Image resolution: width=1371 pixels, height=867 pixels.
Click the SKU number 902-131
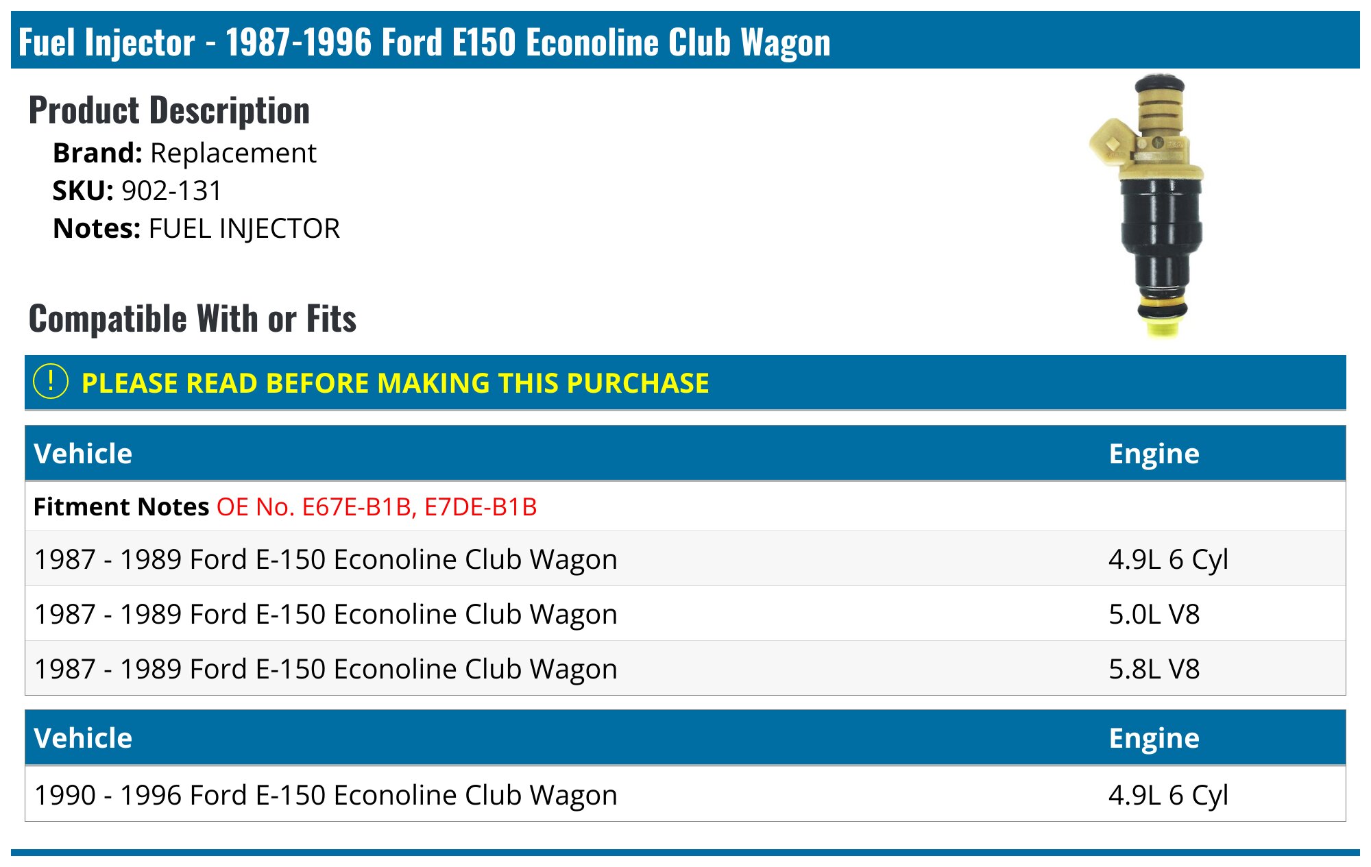[x=171, y=191]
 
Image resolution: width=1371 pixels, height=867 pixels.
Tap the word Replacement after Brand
[x=233, y=153]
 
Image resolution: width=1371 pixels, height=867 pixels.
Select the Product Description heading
[x=169, y=110]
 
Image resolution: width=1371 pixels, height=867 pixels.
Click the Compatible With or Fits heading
[x=193, y=319]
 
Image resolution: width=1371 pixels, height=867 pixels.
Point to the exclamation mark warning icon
[x=51, y=382]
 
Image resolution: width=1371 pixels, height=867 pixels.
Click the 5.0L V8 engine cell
[x=1154, y=614]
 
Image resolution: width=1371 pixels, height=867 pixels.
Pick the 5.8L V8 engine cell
[x=1154, y=669]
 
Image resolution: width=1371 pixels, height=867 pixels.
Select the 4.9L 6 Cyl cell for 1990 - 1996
[x=1167, y=795]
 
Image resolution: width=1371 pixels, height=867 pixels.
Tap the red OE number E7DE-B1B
[x=481, y=507]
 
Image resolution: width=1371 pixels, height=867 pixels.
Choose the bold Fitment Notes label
[x=121, y=507]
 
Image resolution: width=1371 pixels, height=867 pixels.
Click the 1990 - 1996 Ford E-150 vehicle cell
[x=326, y=795]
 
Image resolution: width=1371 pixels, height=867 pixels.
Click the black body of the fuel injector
[x=1161, y=233]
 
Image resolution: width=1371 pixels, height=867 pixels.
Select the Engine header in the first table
[x=1154, y=454]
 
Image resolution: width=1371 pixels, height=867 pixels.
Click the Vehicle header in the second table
[x=83, y=738]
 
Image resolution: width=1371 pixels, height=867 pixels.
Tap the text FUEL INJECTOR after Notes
[x=244, y=229]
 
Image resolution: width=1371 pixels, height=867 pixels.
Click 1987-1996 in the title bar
[x=299, y=42]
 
